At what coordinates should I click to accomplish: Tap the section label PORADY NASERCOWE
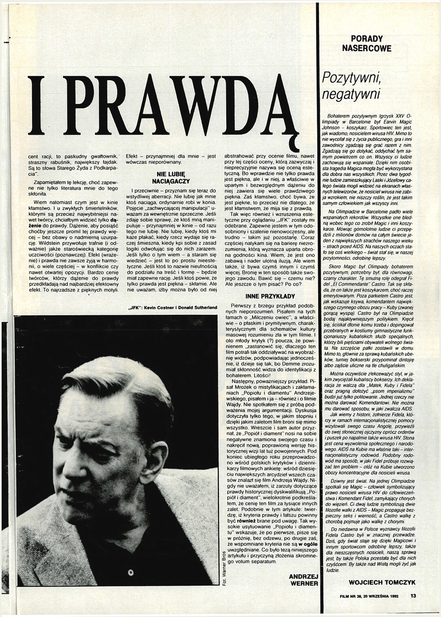point(370,43)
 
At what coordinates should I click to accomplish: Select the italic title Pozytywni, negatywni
point(351,86)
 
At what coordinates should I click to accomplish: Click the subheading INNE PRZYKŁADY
point(263,297)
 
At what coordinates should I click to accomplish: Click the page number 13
point(413,596)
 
